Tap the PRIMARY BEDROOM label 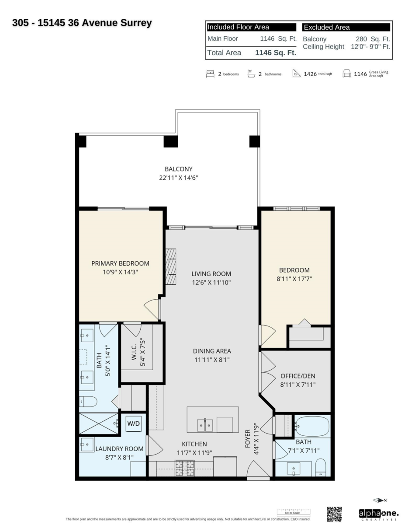click(x=120, y=263)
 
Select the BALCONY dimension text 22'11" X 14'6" click(x=178, y=178)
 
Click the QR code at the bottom click(x=334, y=514)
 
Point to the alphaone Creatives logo click(x=378, y=514)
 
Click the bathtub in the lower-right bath click(x=312, y=425)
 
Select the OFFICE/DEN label click(x=298, y=376)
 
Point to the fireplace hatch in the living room click(x=170, y=266)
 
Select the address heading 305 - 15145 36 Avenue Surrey click(x=83, y=22)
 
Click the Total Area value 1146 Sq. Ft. click(x=275, y=53)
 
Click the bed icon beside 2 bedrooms click(x=210, y=73)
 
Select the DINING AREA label click(x=212, y=351)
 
